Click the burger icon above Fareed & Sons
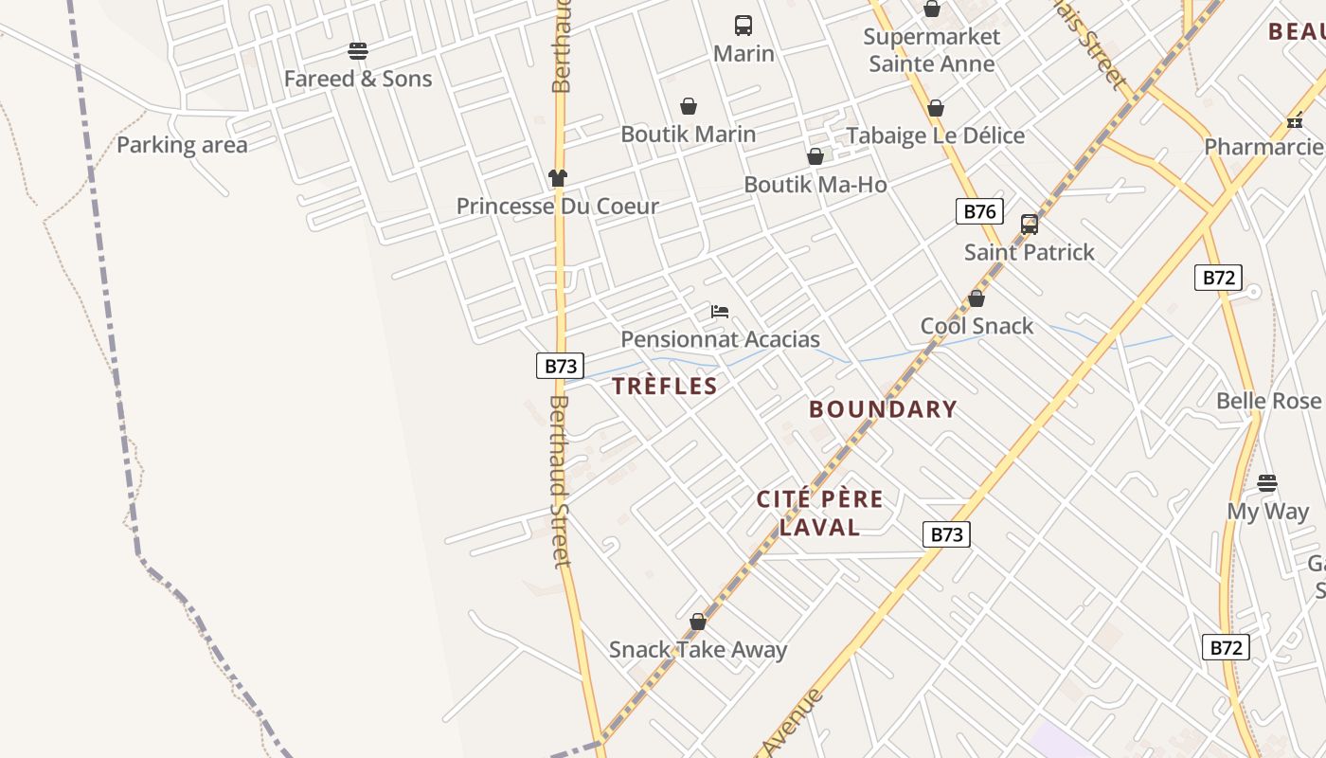click(x=358, y=50)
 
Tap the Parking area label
click(x=182, y=145)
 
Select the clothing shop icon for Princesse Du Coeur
click(x=558, y=177)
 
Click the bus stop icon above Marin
click(x=744, y=26)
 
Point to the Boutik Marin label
click(x=688, y=135)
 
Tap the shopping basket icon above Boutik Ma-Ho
click(x=815, y=156)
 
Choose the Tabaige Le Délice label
click(x=935, y=135)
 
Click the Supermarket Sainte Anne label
click(x=932, y=50)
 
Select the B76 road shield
click(x=978, y=211)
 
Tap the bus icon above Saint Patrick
click(x=1030, y=225)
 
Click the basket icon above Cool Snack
click(x=977, y=298)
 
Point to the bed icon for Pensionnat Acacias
click(x=720, y=312)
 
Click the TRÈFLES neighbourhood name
click(x=664, y=386)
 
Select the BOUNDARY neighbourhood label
click(x=883, y=409)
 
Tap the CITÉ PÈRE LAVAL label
click(x=819, y=513)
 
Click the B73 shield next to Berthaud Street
click(x=560, y=366)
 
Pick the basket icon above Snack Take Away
click(x=698, y=622)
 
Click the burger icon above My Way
click(x=1267, y=483)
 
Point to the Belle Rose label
click(x=1267, y=401)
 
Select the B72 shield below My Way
click(x=1226, y=647)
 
